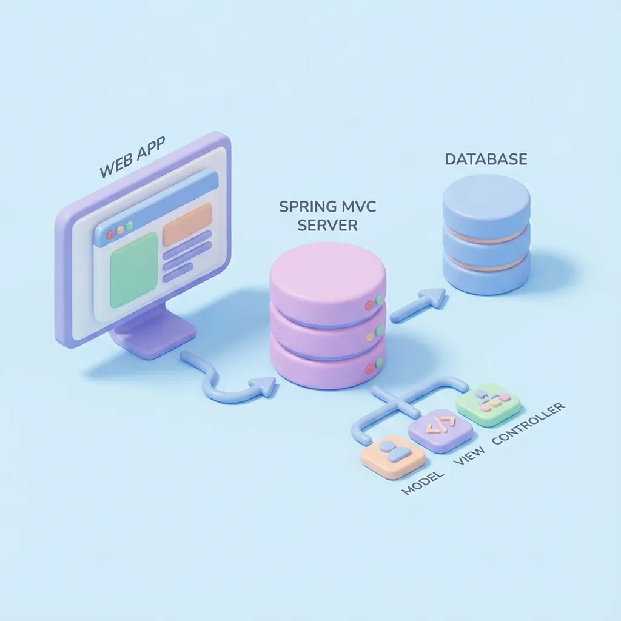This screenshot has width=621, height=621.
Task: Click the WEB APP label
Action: pyautogui.click(x=132, y=159)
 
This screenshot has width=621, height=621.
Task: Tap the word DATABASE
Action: pyautogui.click(x=486, y=159)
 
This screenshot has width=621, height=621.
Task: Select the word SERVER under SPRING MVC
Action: pyautogui.click(x=327, y=226)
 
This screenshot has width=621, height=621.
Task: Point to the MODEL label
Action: pyautogui.click(x=423, y=483)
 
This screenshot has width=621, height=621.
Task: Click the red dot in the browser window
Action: pyautogui.click(x=110, y=234)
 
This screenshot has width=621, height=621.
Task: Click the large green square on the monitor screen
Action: pyautogui.click(x=133, y=269)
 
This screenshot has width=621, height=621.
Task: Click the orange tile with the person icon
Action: pyautogui.click(x=392, y=455)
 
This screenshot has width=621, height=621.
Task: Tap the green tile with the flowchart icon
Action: pyautogui.click(x=488, y=403)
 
